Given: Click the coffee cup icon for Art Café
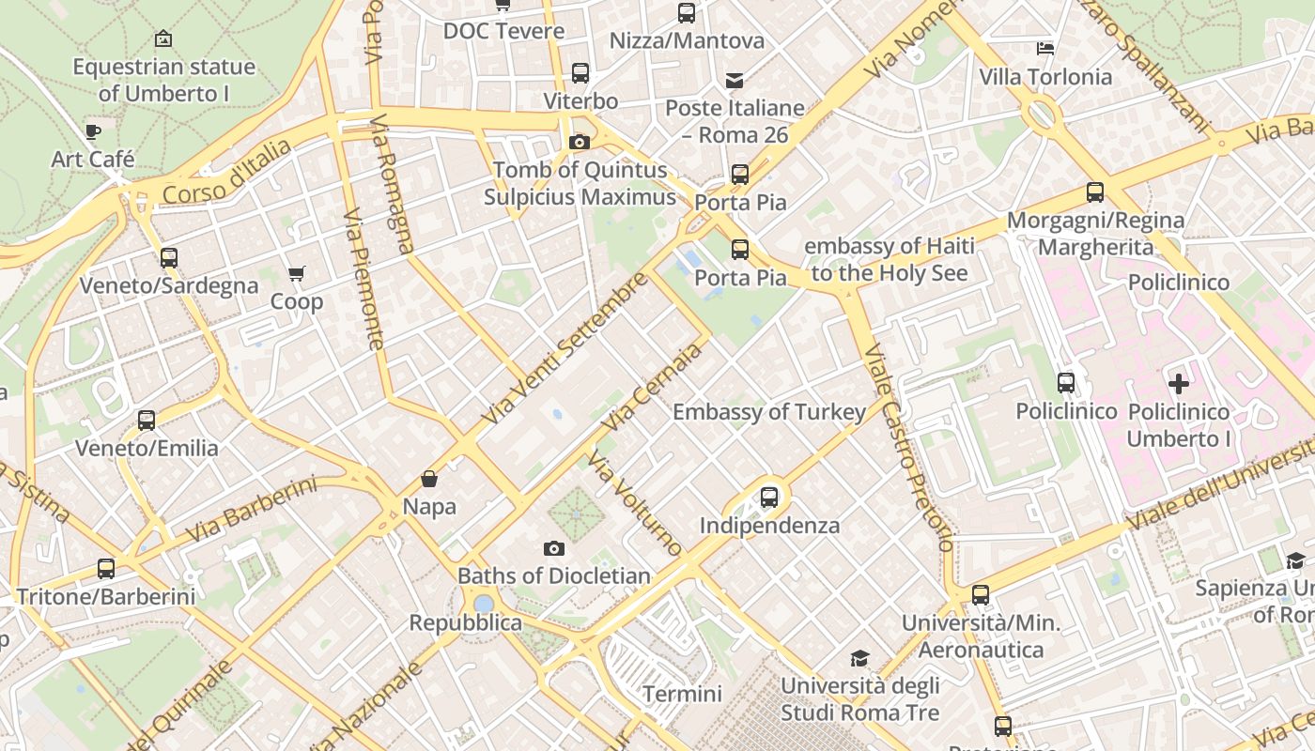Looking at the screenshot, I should [92, 131].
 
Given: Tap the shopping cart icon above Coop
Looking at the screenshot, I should [297, 274].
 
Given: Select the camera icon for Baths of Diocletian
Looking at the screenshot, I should [554, 548].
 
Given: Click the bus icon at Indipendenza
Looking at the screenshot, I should [769, 497].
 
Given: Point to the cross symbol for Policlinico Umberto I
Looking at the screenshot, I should [1179, 383].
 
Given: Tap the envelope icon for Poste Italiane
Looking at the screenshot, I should [734, 81].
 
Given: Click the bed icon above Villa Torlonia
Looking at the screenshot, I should [1045, 49].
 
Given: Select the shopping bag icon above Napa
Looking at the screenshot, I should [429, 479].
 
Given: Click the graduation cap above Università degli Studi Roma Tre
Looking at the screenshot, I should [859, 658].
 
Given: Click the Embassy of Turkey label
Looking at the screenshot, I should [769, 412].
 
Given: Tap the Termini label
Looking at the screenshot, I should [682, 694].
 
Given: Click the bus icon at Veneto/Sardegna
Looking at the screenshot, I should [169, 257].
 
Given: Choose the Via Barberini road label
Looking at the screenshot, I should [251, 510].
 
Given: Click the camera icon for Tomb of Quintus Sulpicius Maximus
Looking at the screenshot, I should [580, 143].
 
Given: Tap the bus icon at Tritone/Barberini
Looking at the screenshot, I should [106, 568].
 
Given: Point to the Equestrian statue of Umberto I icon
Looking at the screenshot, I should [163, 38].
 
